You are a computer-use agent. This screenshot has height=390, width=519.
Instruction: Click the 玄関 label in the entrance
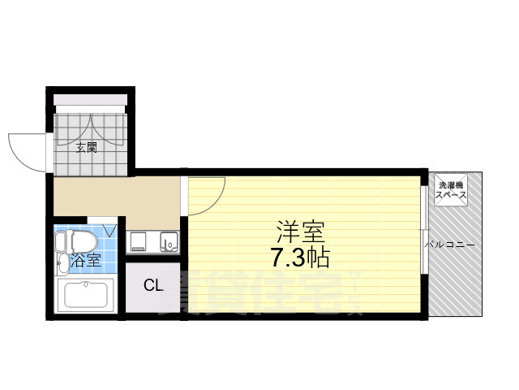pyautogui.click(x=87, y=148)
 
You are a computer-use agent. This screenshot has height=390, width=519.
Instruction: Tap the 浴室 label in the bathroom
pyautogui.click(x=86, y=261)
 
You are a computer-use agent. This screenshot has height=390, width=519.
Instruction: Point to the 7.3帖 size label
pyautogui.click(x=300, y=259)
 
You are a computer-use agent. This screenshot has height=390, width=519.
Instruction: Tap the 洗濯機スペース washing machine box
pyautogui.click(x=450, y=192)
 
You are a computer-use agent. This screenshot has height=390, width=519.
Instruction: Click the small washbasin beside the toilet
pyautogui.click(x=62, y=262)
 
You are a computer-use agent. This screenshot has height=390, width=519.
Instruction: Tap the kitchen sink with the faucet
pyautogui.click(x=169, y=241)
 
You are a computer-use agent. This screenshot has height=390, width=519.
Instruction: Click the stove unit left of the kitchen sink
pyautogui.click(x=137, y=241)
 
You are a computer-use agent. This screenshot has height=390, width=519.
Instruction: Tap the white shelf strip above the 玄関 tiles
pyautogui.click(x=90, y=101)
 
